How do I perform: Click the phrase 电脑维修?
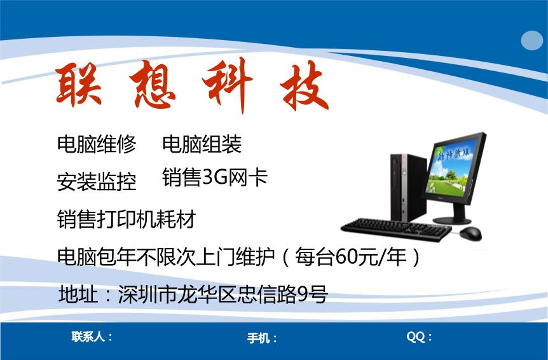click(x=97, y=144)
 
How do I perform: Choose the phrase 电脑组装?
click(x=202, y=144)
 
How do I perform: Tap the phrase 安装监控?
click(x=97, y=182)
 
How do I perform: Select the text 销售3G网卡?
click(x=214, y=177)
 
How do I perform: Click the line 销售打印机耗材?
click(x=126, y=220)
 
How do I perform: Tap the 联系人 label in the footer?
click(x=92, y=336)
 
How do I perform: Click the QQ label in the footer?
click(x=419, y=337)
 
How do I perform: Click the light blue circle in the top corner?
click(x=532, y=41)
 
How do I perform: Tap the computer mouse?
click(x=470, y=233)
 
